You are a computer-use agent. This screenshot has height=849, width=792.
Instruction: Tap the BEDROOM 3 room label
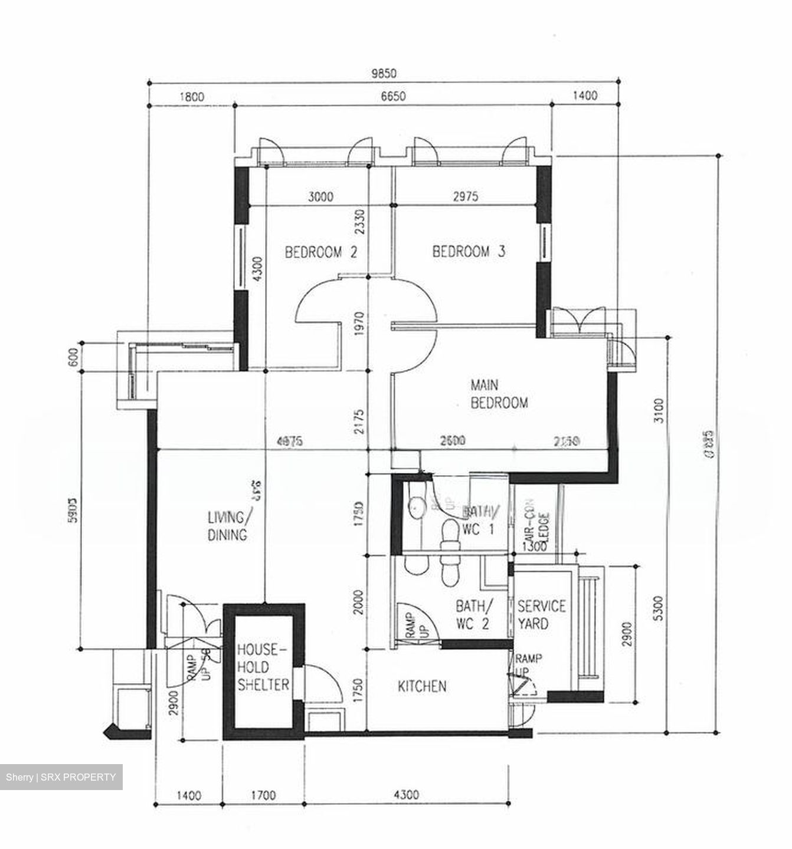(x=469, y=252)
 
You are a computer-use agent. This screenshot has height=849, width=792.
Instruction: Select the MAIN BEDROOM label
(x=499, y=394)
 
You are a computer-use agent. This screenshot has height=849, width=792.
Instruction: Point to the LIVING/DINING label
(x=227, y=526)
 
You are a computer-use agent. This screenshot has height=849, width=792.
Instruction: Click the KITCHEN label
(x=422, y=686)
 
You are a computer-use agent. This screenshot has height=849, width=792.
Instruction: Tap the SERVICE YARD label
(x=541, y=614)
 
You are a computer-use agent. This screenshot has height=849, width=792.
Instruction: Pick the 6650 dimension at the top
(x=392, y=96)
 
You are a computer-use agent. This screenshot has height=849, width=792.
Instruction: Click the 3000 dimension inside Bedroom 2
(x=320, y=196)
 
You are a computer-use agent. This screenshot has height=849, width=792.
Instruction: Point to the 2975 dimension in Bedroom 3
(x=464, y=196)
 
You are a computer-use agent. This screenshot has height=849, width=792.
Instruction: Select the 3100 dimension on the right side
(x=659, y=411)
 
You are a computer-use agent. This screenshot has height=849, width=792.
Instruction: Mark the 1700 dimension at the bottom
(x=263, y=795)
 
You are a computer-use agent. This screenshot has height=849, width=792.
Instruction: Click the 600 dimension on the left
(x=73, y=358)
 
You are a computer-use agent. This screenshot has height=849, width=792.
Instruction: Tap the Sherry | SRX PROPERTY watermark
(x=61, y=777)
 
